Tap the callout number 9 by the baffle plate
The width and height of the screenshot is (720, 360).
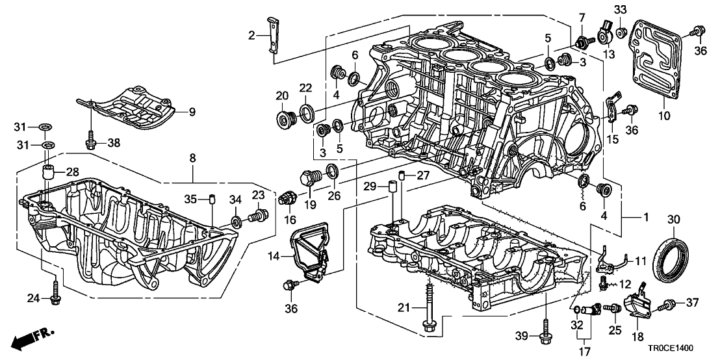192,112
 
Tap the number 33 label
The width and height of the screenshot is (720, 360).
621,10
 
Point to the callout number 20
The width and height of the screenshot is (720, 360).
282,96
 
